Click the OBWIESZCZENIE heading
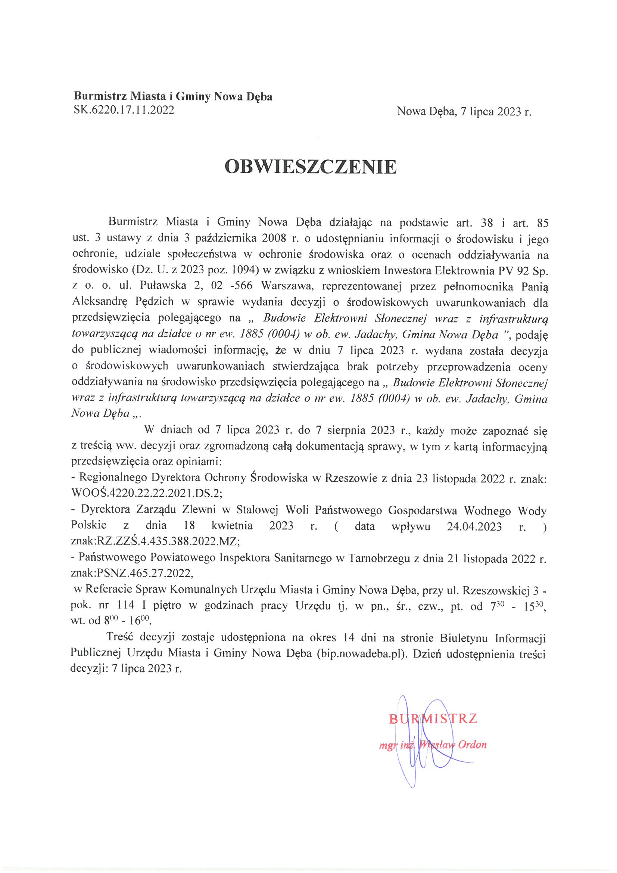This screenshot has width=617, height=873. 311,167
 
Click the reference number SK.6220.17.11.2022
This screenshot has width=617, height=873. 124,110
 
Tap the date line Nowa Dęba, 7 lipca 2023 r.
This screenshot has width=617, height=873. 464,111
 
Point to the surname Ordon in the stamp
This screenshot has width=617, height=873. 473,745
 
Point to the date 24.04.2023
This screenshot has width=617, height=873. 474,526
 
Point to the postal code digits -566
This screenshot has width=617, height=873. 241,286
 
